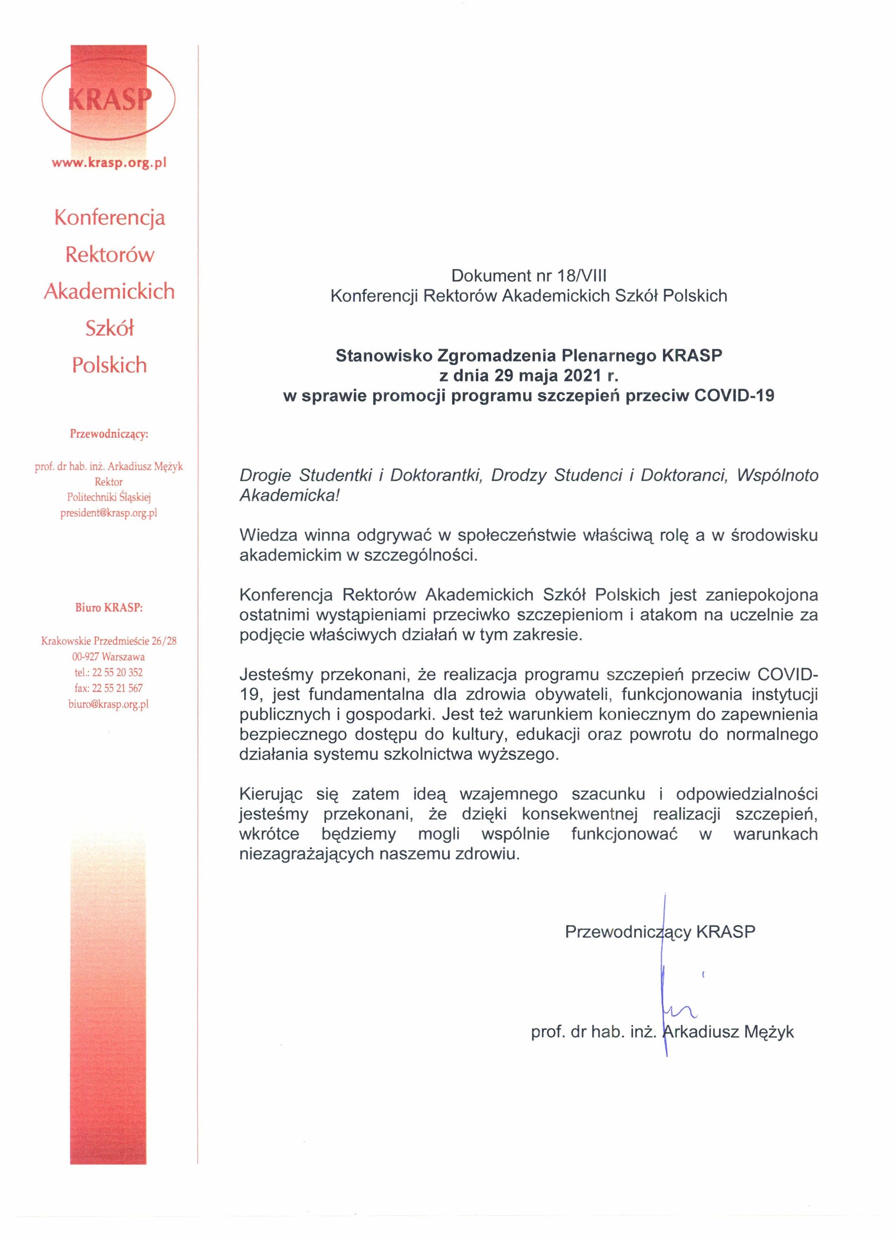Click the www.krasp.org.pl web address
coord(109,163)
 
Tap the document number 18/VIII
coord(579,276)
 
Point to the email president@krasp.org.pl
coord(109,513)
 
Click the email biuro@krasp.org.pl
coord(109,704)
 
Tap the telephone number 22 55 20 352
coord(117,672)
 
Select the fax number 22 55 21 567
coord(117,688)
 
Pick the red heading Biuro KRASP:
coord(109,607)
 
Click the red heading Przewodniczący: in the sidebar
coord(109,434)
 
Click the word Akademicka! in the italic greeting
coord(289,496)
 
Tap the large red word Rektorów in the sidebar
coord(110,255)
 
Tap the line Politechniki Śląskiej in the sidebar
coord(109,497)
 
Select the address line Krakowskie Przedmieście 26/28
coord(109,641)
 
